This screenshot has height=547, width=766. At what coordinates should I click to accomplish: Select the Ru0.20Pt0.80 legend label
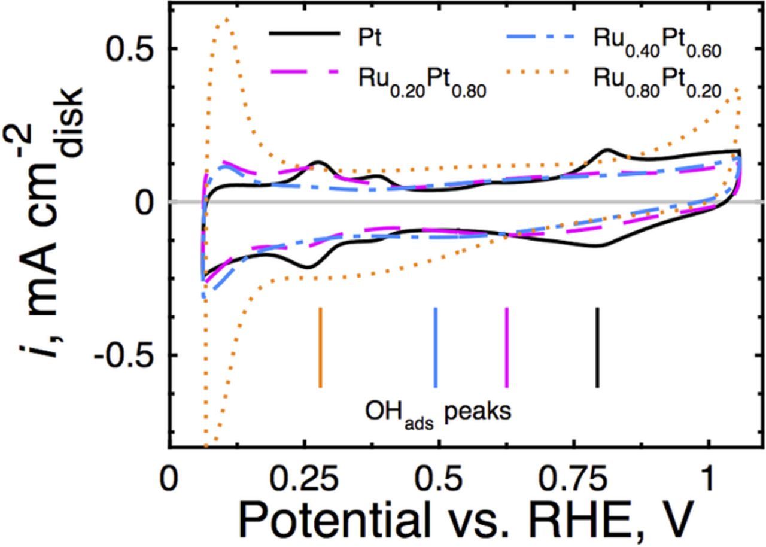pyautogui.click(x=422, y=80)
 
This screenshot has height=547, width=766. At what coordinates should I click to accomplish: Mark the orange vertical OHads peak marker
pyautogui.click(x=320, y=347)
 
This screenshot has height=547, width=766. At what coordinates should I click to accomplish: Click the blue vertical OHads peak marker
pyautogui.click(x=435, y=347)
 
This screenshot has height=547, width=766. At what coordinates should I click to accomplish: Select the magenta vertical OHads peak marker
pyautogui.click(x=507, y=347)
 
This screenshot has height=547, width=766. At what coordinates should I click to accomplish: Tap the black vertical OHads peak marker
pyautogui.click(x=597, y=347)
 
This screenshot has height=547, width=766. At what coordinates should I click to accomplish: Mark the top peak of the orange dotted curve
pyautogui.click(x=226, y=19)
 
